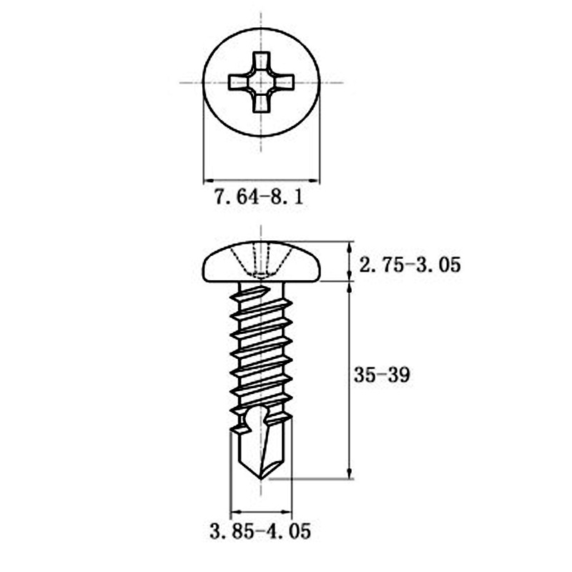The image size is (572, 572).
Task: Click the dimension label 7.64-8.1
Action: point(258,197)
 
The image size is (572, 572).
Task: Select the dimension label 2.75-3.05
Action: point(410,265)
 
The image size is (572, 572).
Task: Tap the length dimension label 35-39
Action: point(382,375)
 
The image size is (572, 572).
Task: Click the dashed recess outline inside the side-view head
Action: point(262,261)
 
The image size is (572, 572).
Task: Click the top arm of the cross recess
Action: point(261,62)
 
